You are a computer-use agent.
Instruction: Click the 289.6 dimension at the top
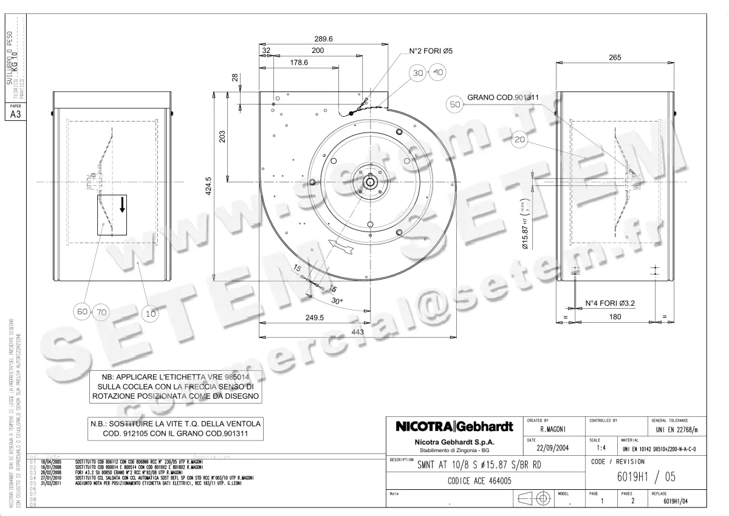pos(323,38)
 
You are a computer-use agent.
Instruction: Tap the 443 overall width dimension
pos(357,331)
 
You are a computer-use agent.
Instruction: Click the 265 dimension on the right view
pos(615,57)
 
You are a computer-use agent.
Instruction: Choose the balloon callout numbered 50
pos(455,104)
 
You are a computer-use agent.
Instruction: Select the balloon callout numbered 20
pos(519,140)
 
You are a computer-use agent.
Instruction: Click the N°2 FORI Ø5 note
pos(430,51)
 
